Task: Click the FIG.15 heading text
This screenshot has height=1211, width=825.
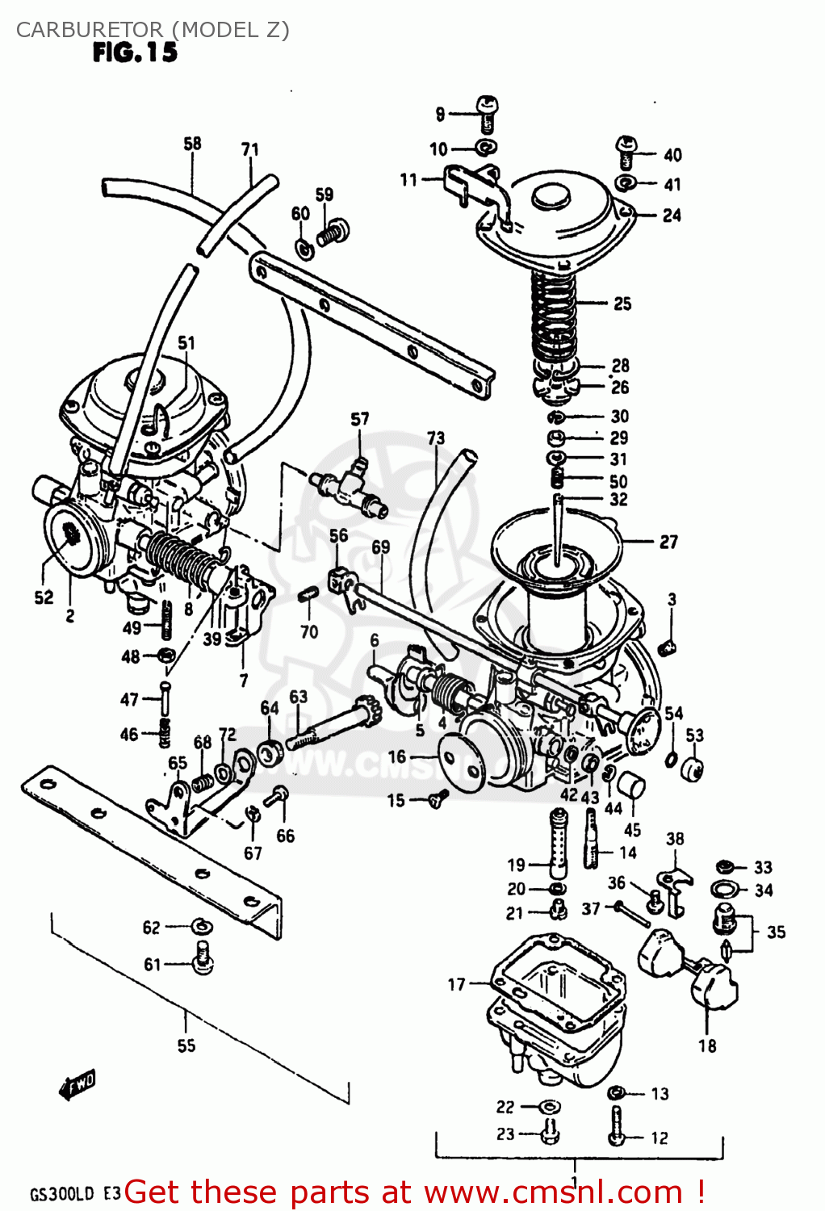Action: point(135,52)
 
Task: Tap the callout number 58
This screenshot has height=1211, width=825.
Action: point(192,144)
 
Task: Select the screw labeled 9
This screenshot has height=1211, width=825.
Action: point(487,114)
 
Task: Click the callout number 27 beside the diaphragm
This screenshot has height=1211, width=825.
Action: point(668,542)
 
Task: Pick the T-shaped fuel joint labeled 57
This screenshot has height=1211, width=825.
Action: point(349,488)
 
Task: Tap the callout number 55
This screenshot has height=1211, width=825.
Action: point(186,1045)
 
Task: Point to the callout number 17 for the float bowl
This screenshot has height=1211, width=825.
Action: point(457,984)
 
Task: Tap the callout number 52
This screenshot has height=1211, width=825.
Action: point(44,597)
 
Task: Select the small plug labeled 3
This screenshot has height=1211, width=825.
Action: point(668,646)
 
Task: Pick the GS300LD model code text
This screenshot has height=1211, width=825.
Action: point(62,1194)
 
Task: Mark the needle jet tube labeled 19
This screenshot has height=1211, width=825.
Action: point(556,843)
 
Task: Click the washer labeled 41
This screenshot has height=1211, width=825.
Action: point(625,183)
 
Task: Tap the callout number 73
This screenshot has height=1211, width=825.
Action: point(436,438)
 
